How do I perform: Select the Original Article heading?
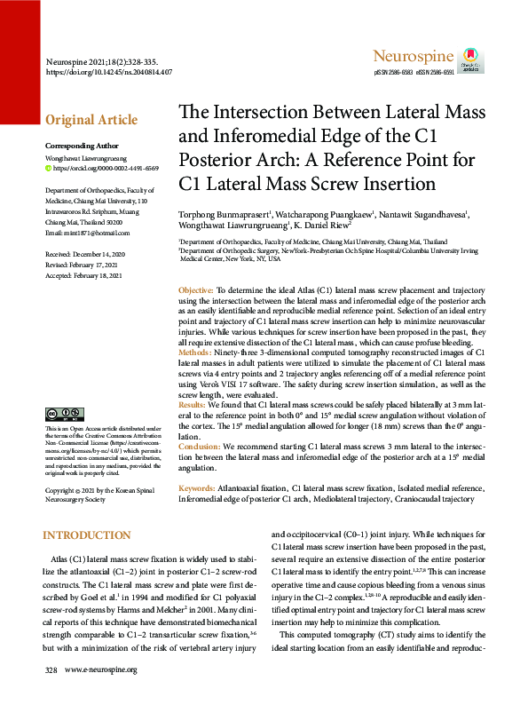pos(91,121)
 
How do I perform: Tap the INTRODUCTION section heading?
pos(87,535)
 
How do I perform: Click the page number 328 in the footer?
pos(51,693)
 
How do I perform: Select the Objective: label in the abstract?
pos(195,291)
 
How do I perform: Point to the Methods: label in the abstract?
pos(196,353)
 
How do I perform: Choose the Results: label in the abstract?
pos(194,404)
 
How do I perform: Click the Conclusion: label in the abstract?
pos(201,446)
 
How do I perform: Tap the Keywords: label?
pos(196,487)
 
